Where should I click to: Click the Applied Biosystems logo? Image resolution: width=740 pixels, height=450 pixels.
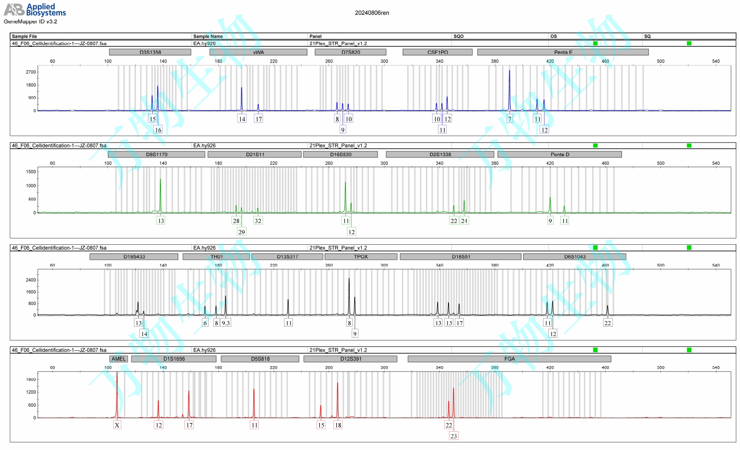coord(35,10)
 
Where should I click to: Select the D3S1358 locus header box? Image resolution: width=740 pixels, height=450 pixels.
coord(150,52)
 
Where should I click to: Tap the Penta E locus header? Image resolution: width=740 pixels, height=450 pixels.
coord(563,52)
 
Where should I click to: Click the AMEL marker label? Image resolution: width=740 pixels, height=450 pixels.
coord(119,359)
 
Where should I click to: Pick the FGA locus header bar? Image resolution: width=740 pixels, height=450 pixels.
coord(509,359)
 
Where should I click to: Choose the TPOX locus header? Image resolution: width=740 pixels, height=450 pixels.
coord(361,257)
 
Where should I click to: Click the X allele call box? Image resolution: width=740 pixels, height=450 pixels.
coord(117,425)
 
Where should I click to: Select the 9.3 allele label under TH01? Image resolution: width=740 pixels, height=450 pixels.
coord(225,323)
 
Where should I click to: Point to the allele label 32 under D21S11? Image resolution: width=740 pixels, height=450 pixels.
coord(258,221)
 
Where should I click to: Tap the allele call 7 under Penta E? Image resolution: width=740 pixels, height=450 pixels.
coord(510,119)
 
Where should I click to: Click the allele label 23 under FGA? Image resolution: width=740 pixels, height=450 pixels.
coord(453,436)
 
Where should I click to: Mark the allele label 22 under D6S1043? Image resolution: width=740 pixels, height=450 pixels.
coord(608,323)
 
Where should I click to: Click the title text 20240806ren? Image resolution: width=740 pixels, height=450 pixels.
coord(372,13)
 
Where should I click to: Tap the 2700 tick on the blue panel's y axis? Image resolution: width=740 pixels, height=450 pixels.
coord(31,72)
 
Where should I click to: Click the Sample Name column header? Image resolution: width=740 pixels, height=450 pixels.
coord(208,37)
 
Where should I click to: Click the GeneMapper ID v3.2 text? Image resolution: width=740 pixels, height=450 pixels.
coord(30,22)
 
